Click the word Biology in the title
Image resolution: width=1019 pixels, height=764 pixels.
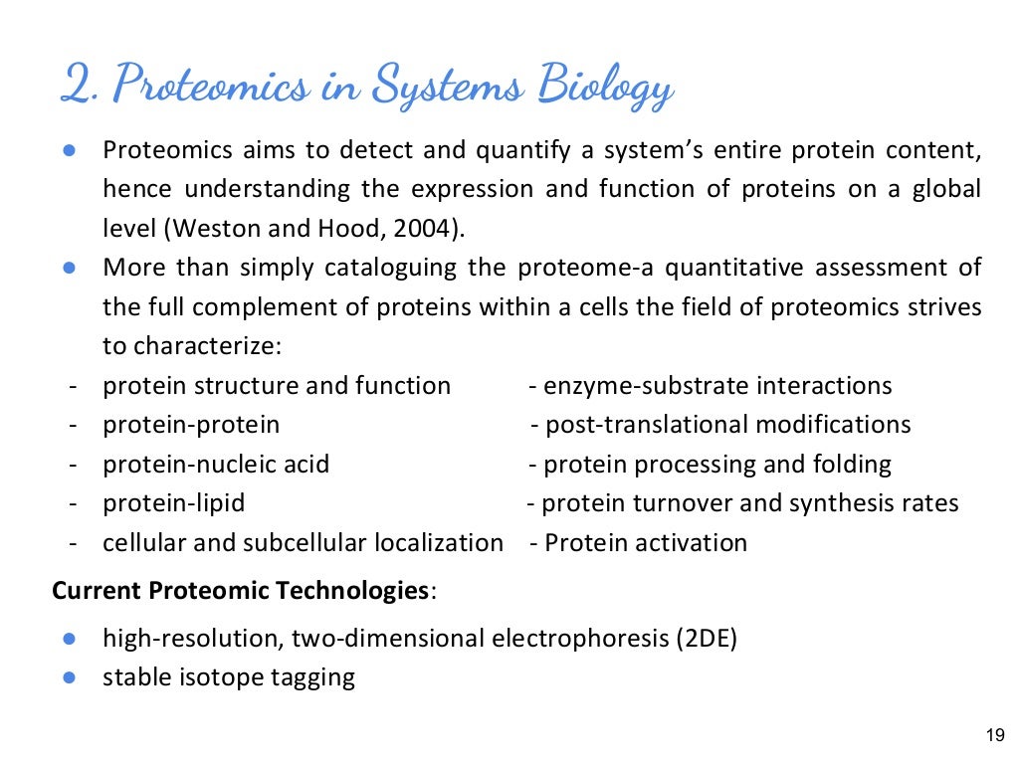(x=605, y=87)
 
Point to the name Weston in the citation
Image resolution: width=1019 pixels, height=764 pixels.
(x=214, y=228)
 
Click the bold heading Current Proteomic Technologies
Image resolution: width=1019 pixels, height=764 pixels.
(x=240, y=591)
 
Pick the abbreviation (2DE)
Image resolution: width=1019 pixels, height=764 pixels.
(x=706, y=639)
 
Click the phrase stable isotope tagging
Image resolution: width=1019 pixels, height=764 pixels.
(x=229, y=677)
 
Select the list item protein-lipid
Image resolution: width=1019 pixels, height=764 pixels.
(x=174, y=503)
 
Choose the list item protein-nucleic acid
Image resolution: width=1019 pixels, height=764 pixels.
(x=216, y=465)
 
